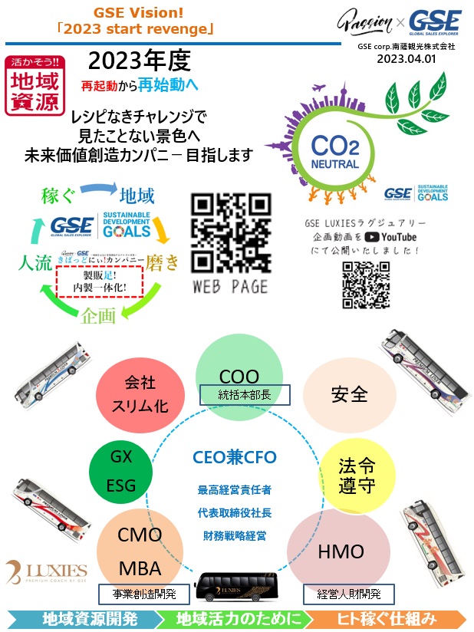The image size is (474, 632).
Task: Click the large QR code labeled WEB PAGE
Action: [x=231, y=231]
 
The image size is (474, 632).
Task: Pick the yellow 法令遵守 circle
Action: [x=355, y=476]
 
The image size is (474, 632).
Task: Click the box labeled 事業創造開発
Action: [x=143, y=594]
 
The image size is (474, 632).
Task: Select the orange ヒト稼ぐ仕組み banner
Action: [x=398, y=618]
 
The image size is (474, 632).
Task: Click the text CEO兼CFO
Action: [x=234, y=458]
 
